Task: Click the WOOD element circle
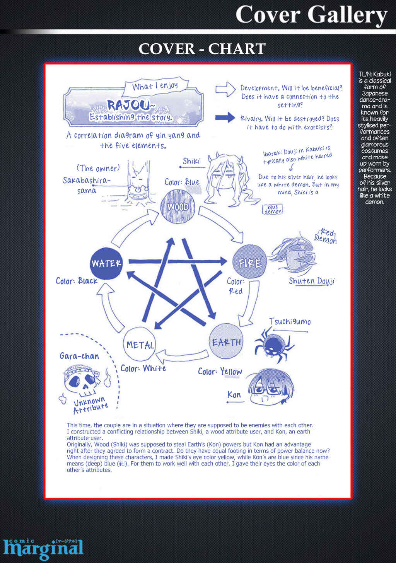178,206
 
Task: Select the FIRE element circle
249,261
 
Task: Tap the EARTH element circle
226,341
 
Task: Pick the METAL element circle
140,344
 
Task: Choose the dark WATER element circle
106,263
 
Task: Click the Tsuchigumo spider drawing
274,344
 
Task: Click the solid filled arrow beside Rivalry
225,117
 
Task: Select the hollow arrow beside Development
225,89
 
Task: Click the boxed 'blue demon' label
273,209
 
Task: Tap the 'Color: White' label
143,368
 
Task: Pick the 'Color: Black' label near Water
77,281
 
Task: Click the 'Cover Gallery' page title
311,15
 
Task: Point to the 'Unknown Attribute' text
90,404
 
